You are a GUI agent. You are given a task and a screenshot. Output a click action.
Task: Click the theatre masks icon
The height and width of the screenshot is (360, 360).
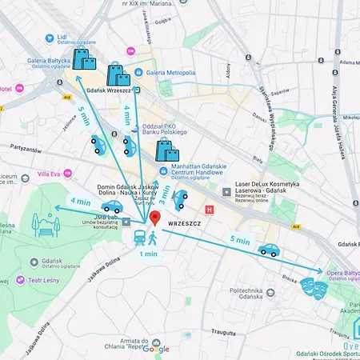tap(314, 285)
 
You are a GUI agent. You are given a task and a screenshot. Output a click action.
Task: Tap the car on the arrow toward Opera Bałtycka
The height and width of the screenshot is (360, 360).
tap(268, 250)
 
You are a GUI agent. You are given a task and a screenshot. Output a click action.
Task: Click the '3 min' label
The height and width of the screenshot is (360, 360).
tap(164, 193)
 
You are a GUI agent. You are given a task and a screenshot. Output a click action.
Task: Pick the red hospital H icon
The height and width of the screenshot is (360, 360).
tap(210, 210)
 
